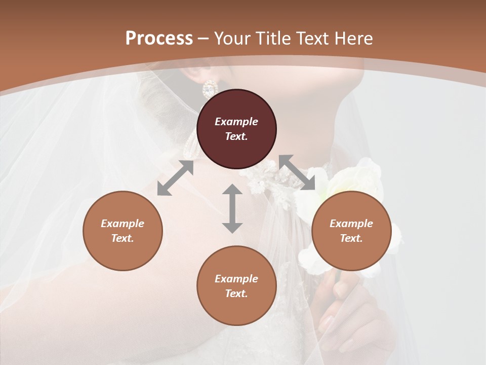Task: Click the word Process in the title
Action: pos(159,39)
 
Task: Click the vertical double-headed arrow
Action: pos(232,208)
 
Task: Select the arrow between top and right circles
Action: pos(297,172)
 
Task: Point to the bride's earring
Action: pos(210,90)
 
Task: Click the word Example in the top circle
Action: pos(236,122)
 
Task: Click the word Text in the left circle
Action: pos(123,238)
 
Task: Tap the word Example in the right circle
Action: pos(351,224)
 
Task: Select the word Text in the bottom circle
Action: pos(236,294)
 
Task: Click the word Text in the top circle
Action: pos(236,136)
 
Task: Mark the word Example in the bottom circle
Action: pos(236,279)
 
